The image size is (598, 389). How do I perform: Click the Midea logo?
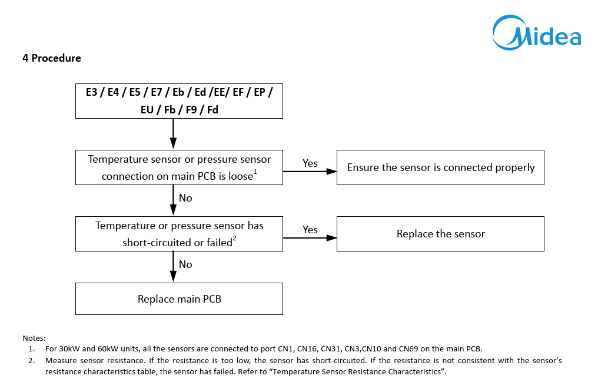pos(537,32)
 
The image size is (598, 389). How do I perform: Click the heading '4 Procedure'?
pos(52,58)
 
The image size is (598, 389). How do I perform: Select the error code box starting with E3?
pos(180,101)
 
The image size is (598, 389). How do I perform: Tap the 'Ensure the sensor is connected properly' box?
pos(440,167)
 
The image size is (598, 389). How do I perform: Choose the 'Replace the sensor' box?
pos(440,234)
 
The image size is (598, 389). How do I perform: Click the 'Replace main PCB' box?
pos(180,299)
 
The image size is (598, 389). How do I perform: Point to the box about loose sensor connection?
pos(180,167)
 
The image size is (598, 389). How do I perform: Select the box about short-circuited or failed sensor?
pos(180,234)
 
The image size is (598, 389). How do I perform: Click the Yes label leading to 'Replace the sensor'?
pos(310,230)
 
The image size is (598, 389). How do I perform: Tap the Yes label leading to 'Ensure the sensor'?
pos(310,163)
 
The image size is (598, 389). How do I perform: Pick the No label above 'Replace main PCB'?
pos(185,264)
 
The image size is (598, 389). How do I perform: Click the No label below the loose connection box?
pos(185,198)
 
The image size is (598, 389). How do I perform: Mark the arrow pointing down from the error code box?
pos(173,133)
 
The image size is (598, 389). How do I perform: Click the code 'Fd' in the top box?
pos(212,110)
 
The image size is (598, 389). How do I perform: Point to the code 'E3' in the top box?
pos(92,92)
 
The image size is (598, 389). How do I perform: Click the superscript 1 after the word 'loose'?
pos(255,172)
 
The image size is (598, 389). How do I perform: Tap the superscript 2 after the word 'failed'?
pos(234,238)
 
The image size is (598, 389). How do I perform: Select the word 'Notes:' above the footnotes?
pos(34,338)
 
